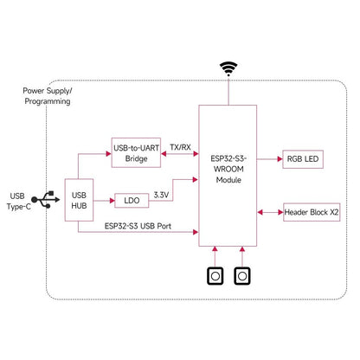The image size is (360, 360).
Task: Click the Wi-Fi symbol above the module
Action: point(228,67)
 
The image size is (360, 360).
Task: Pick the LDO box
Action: point(132,201)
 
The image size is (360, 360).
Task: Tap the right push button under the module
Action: point(241,276)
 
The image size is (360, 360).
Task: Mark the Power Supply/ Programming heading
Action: point(47,96)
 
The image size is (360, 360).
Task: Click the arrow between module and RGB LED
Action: point(267,159)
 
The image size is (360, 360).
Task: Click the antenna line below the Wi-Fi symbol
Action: point(228,92)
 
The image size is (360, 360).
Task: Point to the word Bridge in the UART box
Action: point(137,160)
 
